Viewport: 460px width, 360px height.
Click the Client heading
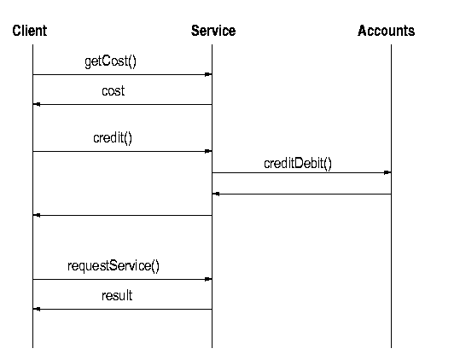[x=30, y=31]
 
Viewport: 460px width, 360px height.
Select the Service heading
[x=213, y=31]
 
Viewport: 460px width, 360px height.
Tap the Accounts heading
[x=386, y=31]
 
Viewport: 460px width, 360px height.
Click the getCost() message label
[x=111, y=61]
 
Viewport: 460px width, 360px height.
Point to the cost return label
[x=114, y=91]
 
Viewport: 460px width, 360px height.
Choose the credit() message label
[x=113, y=138]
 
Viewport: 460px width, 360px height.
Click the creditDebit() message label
[x=298, y=163]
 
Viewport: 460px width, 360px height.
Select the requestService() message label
[x=114, y=266]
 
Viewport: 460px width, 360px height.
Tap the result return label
[x=117, y=295]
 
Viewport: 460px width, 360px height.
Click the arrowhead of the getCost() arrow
[x=208, y=74]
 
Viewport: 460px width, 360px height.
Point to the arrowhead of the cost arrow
[x=37, y=104]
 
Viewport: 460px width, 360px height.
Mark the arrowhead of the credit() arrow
[x=208, y=151]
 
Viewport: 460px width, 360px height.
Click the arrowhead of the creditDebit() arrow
[x=387, y=172]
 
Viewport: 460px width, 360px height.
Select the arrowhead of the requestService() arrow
[x=208, y=279]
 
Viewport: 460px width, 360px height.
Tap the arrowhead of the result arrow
[x=37, y=309]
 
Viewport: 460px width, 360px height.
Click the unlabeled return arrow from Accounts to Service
[x=301, y=194]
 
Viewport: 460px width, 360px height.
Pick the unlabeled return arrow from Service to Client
[x=122, y=215]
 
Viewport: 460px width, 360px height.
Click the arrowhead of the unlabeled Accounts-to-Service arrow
[x=216, y=194]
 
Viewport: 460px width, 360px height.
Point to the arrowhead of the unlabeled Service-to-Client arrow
[x=37, y=215]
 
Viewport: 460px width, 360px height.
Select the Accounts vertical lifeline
[x=391, y=196]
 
